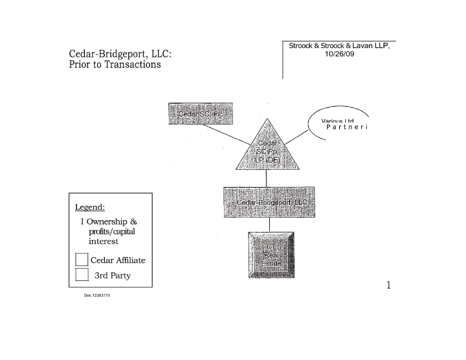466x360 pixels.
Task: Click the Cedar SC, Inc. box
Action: tap(201, 113)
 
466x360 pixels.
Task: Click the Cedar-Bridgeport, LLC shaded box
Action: tap(269, 202)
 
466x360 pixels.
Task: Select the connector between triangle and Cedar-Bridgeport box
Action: tap(267, 177)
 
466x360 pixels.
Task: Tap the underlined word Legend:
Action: tap(90, 207)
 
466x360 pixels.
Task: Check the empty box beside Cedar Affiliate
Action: tap(82, 260)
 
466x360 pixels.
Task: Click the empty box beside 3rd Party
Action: tap(82, 275)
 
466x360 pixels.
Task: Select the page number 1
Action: tap(388, 286)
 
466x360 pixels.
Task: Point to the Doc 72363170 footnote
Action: tap(97, 296)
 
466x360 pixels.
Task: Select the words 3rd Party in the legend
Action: tap(113, 275)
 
